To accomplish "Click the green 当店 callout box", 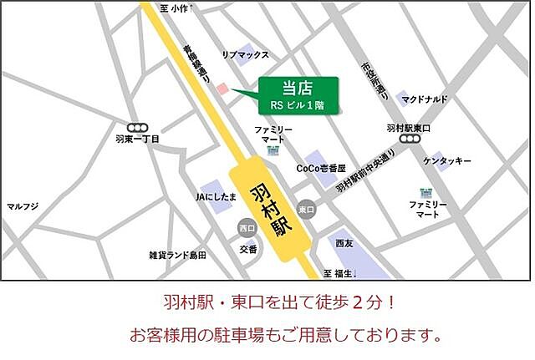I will [298, 94].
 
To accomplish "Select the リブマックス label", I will [245, 54].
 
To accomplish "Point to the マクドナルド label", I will [425, 99].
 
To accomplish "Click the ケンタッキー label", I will [447, 160].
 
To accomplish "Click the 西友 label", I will [344, 243].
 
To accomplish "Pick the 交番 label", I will [248, 248].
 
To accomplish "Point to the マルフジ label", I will [23, 206].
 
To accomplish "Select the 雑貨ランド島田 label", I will [177, 254].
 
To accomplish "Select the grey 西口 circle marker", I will [246, 227].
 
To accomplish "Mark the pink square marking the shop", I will [222, 89].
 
